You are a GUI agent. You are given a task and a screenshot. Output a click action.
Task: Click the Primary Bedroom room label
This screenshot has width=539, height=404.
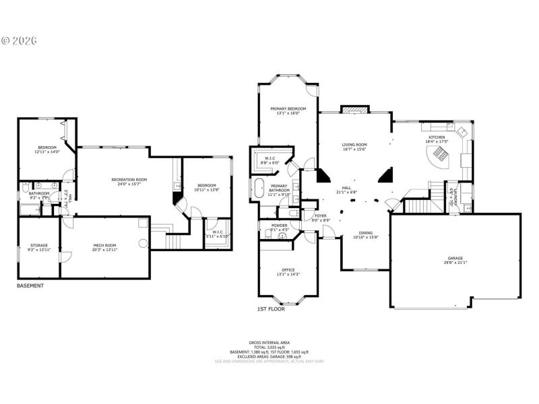click(288, 108)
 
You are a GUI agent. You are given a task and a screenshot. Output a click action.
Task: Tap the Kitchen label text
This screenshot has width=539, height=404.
click(437, 137)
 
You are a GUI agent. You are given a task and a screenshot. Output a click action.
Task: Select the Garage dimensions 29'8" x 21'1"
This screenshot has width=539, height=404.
click(456, 263)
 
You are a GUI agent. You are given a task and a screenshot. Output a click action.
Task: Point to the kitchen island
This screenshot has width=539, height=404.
click(439, 158)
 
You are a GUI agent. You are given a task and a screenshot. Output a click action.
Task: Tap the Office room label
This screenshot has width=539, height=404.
click(288, 271)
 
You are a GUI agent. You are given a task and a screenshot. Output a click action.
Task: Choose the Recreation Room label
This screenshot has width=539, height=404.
click(129, 180)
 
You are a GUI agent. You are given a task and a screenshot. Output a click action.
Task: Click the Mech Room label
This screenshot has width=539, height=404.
click(104, 246)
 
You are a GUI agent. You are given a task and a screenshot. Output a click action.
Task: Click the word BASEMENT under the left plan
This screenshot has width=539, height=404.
click(30, 285)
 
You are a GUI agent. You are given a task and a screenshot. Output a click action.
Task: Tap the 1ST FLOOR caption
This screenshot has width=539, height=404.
click(271, 308)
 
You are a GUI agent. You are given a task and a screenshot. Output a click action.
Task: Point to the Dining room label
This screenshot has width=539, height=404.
click(366, 232)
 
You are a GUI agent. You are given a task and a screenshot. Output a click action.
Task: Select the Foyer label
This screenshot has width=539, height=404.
click(320, 215)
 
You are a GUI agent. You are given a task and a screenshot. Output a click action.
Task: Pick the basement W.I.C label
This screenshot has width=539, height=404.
click(217, 233)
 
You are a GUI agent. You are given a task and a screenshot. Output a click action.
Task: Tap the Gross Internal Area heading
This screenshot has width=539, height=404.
click(269, 343)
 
